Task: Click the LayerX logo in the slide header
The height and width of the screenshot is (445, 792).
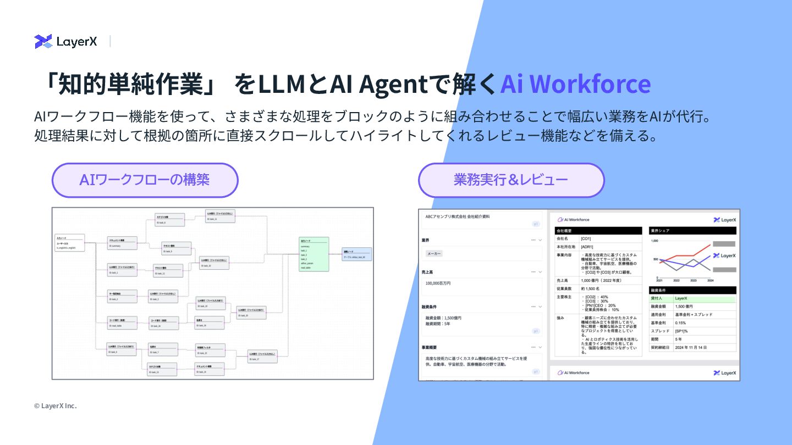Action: point(65,41)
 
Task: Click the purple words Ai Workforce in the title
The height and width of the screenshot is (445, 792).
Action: point(575,84)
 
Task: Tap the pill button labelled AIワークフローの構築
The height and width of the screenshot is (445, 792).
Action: point(145,180)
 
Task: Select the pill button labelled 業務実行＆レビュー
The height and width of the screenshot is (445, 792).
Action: point(511,180)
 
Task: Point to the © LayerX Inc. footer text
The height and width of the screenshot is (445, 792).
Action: point(55,406)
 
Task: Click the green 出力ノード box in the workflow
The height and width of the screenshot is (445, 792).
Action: point(314,254)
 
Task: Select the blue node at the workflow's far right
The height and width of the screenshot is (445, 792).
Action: point(357,254)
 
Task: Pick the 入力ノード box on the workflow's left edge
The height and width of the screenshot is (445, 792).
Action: point(70,242)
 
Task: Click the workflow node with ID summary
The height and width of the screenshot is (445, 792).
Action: point(122,243)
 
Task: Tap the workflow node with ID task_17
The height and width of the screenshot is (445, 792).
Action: point(262,356)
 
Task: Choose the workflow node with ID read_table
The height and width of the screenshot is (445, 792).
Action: point(122,322)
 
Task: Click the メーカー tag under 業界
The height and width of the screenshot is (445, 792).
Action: point(434,253)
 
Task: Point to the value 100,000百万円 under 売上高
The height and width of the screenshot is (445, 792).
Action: point(438,283)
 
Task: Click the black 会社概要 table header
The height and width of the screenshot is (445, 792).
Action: point(598,231)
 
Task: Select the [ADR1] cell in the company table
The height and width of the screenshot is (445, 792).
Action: point(586,247)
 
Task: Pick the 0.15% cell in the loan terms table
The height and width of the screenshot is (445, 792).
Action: point(680,323)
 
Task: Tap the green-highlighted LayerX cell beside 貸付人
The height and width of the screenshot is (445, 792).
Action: point(681,298)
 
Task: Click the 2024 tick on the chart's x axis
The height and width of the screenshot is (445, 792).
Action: point(710,280)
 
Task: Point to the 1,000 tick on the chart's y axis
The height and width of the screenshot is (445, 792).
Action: point(654,241)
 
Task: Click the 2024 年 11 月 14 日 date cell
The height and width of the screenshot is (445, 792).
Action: point(690,348)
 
